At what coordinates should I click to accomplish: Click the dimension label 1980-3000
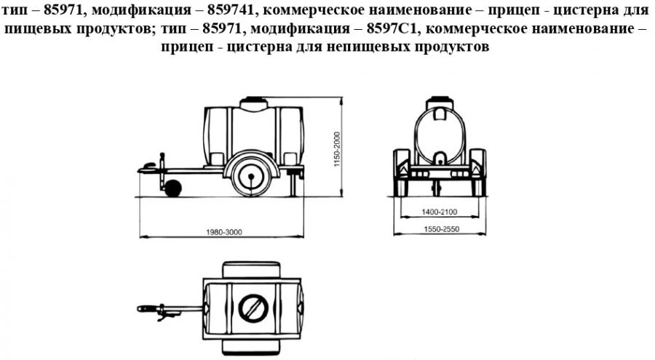coord(223,231)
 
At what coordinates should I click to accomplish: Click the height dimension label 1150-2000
coord(336,151)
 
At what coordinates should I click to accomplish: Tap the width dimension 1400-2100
coord(439,211)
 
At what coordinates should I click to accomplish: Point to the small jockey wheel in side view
coord(172,189)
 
